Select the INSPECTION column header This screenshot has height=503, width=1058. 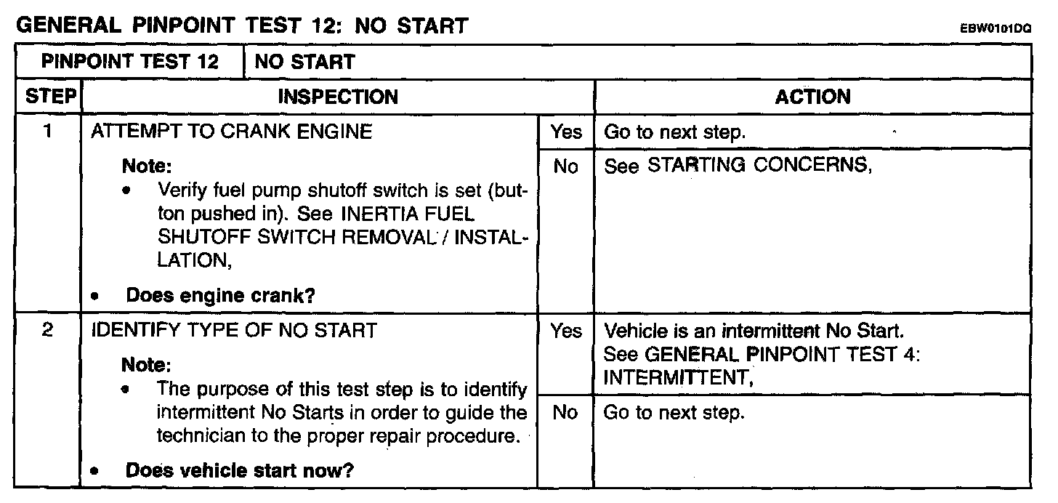coord(339,97)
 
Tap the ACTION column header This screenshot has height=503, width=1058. coord(812,97)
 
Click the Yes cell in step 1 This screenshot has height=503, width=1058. coord(565,132)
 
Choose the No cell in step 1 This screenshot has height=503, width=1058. coord(565,167)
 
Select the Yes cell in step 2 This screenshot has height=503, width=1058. coord(565,331)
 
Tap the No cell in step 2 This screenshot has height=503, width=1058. coord(565,413)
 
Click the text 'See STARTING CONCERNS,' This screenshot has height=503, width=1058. coord(738,166)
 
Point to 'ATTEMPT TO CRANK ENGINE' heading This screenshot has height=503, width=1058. coord(231,132)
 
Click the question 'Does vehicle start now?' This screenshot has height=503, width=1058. coord(239,470)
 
